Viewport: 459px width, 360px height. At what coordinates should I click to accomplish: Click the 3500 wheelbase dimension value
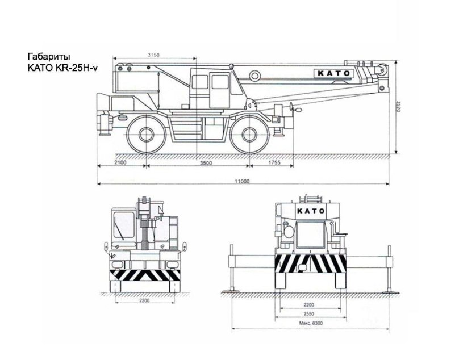point(206,163)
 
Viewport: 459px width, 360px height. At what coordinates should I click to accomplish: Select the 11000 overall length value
point(243,181)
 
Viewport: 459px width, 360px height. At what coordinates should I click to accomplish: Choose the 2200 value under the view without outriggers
point(144,301)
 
